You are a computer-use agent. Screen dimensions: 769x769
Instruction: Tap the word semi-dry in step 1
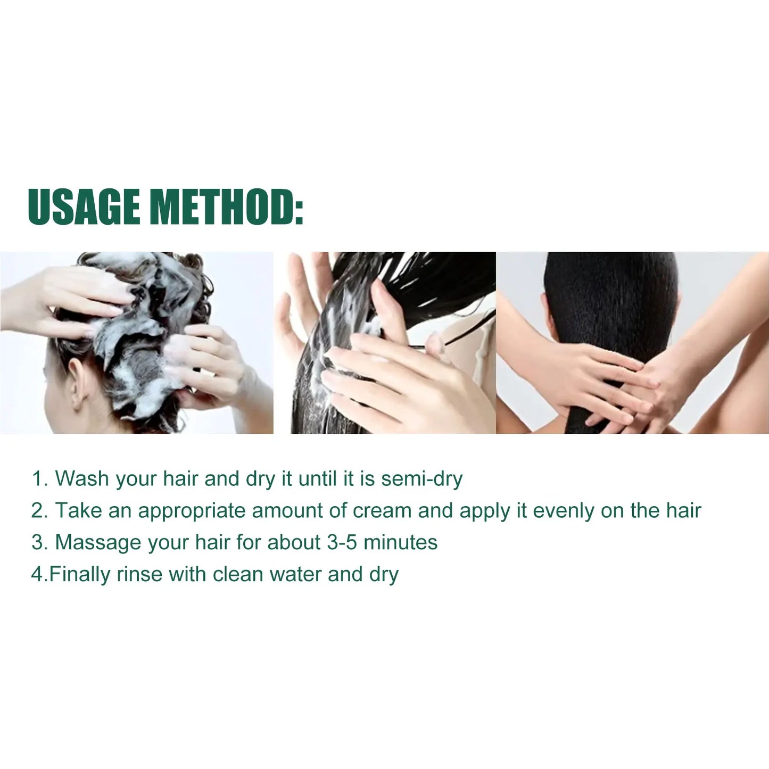(421, 479)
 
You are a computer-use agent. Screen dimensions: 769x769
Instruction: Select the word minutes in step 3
(400, 543)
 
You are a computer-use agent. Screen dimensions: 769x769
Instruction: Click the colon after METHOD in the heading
(299, 206)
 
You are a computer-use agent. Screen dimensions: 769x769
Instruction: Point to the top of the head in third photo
(611, 261)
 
